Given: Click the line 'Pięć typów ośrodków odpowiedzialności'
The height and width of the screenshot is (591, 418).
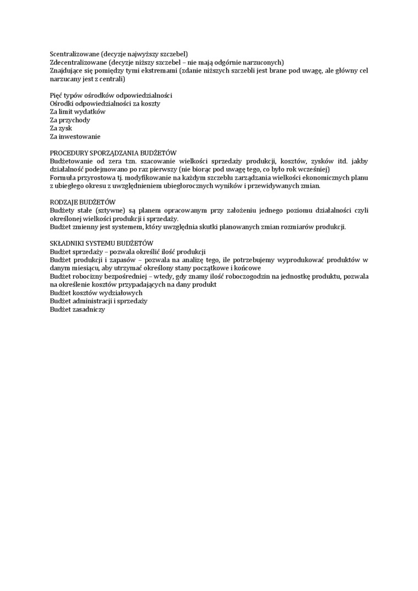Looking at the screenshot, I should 111,95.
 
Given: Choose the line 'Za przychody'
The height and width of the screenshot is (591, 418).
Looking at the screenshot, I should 70,120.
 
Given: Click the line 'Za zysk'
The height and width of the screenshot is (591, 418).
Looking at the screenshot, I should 62,128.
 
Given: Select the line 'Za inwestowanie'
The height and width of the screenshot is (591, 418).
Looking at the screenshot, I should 75,136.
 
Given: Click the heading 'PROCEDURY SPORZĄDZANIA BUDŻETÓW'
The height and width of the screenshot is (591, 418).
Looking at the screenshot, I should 113,153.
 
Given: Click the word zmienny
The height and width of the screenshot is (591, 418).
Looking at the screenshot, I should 84,227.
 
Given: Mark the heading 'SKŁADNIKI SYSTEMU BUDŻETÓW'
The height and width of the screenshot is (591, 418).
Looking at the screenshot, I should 102,243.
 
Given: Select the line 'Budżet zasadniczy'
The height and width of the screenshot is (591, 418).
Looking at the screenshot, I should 77,309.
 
